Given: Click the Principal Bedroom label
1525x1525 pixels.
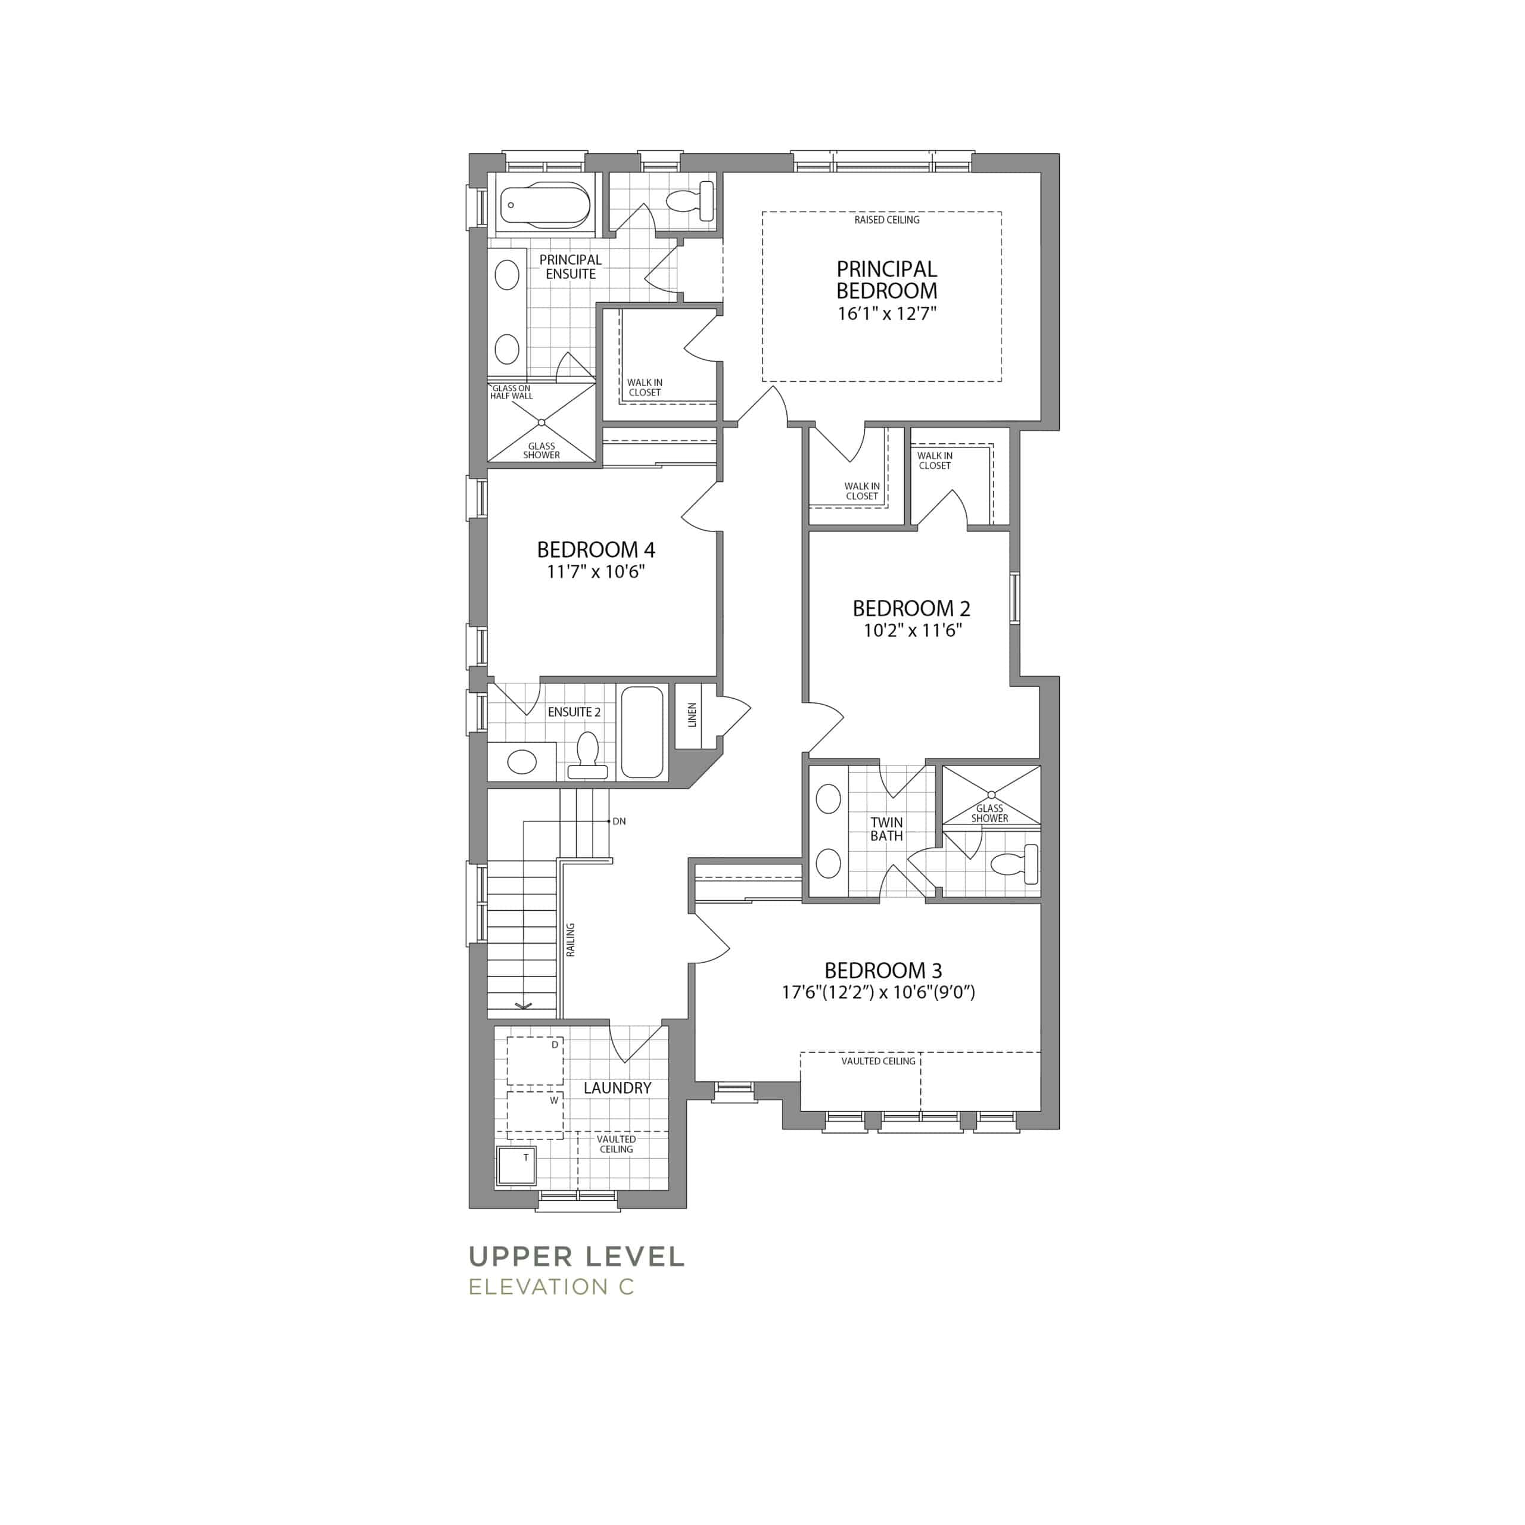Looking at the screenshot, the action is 886,279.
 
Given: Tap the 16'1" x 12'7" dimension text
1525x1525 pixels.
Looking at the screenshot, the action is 886,313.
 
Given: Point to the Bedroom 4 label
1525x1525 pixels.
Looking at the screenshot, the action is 596,549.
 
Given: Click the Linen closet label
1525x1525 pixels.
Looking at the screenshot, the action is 692,714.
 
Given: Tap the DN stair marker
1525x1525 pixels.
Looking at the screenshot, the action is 619,821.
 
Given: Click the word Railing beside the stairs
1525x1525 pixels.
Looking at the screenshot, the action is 571,940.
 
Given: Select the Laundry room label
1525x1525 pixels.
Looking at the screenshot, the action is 617,1088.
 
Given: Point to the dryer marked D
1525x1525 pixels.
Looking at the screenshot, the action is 535,1061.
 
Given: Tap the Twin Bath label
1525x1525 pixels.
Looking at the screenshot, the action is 886,829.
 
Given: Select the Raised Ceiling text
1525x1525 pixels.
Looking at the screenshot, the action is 886,219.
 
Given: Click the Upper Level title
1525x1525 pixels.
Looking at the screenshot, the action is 576,1256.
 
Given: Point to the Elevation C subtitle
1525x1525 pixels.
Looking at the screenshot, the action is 551,1287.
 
